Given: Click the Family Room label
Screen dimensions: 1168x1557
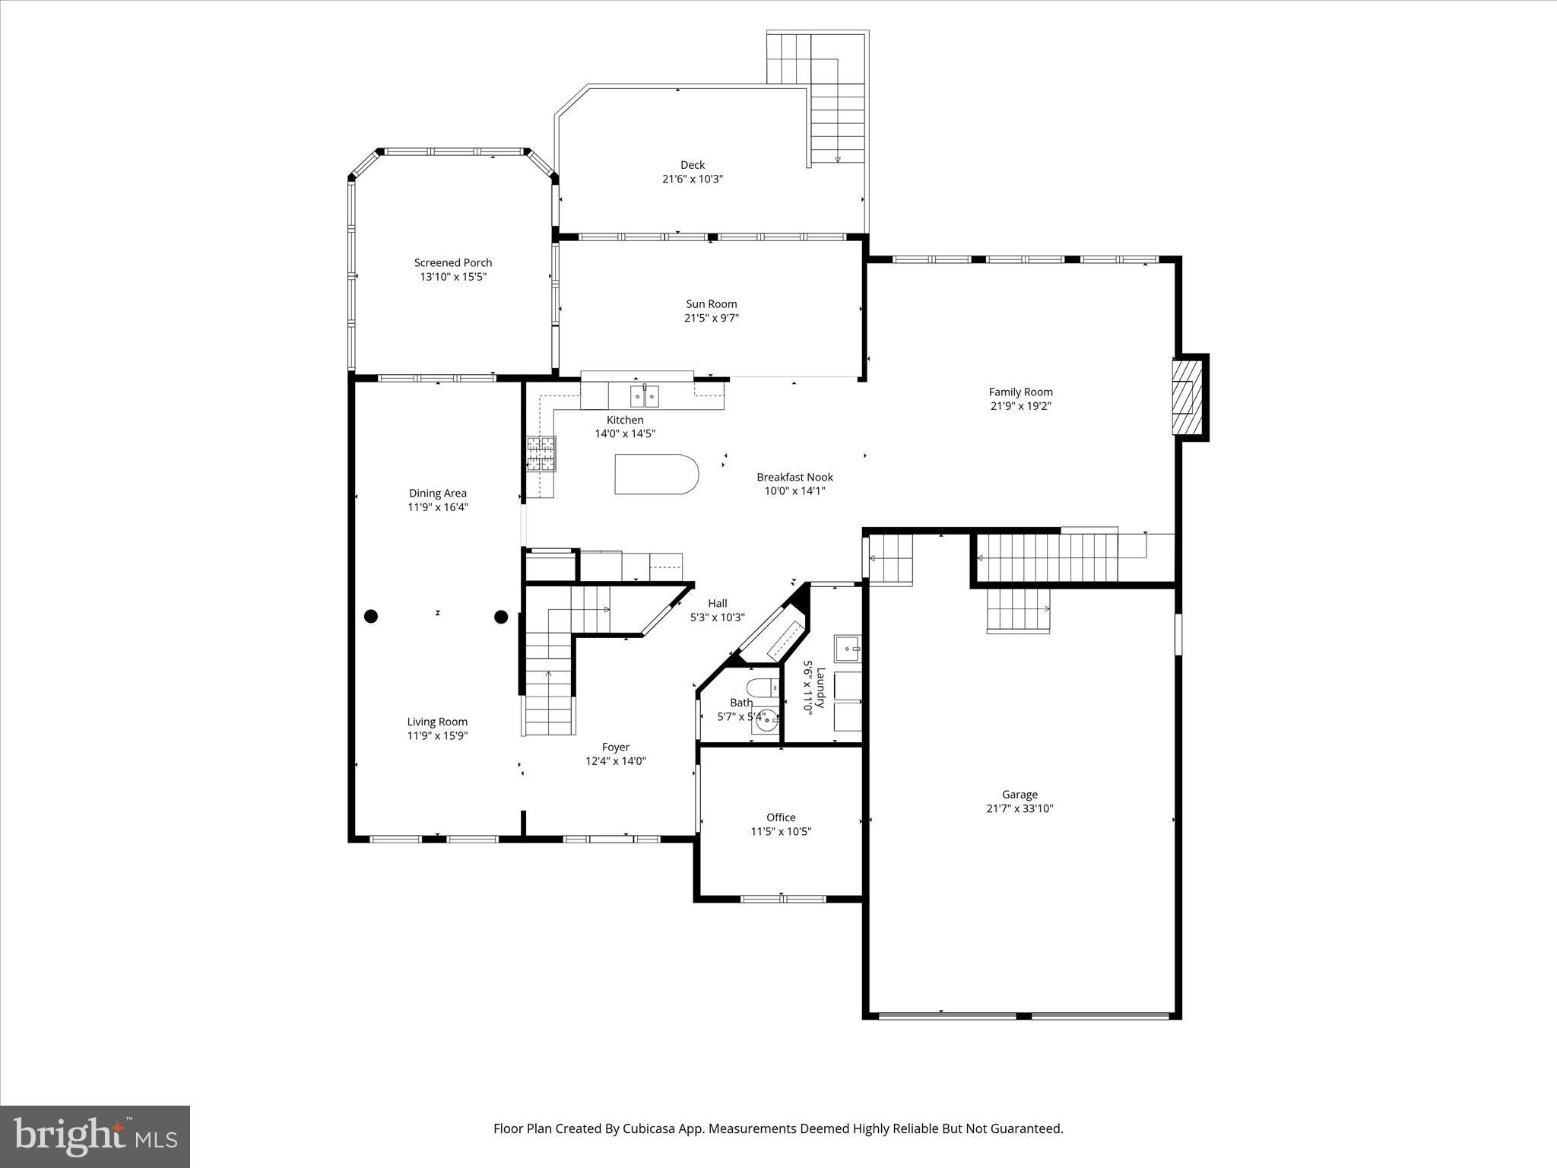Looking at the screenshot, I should tap(1020, 392).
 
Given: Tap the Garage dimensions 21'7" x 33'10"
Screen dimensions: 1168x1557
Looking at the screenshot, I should tap(1020, 808).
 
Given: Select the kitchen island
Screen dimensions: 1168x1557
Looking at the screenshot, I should tap(655, 474).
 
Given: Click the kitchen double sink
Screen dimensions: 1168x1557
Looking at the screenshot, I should tap(645, 396).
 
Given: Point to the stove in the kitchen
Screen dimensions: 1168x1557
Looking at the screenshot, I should tap(541, 454).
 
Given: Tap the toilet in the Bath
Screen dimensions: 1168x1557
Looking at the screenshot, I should tap(763, 687).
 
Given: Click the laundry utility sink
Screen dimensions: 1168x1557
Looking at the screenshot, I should tap(847, 649).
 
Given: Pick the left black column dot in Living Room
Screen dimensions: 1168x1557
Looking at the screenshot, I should tap(371, 617).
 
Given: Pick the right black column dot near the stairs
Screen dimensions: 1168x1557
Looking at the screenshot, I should tap(501, 617).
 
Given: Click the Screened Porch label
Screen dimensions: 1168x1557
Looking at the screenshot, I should tap(453, 262).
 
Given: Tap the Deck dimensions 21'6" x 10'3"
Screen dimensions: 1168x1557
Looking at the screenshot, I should tap(692, 179).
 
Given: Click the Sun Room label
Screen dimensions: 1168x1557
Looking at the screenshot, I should tap(711, 303).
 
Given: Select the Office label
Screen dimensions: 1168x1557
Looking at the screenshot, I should tap(781, 817).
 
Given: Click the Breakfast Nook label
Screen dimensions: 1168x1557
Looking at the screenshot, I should tap(794, 477).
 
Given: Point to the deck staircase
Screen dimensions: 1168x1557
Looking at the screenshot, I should tap(838, 122).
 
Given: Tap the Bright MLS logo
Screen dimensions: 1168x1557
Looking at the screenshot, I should tap(95, 1137).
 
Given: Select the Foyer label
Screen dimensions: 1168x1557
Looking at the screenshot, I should tap(616, 747).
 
